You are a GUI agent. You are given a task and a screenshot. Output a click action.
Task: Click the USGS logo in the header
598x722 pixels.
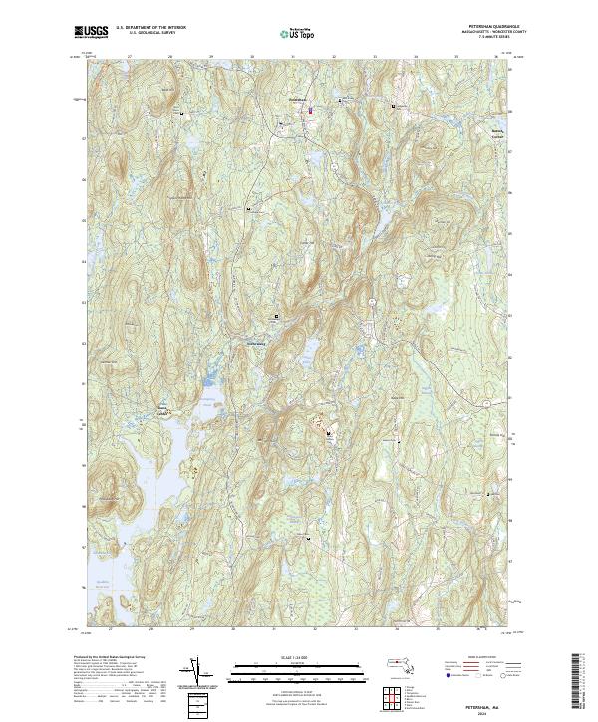pos(92,33)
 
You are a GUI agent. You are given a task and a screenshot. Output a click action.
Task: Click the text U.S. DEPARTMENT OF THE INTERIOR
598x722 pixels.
pos(151,28)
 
